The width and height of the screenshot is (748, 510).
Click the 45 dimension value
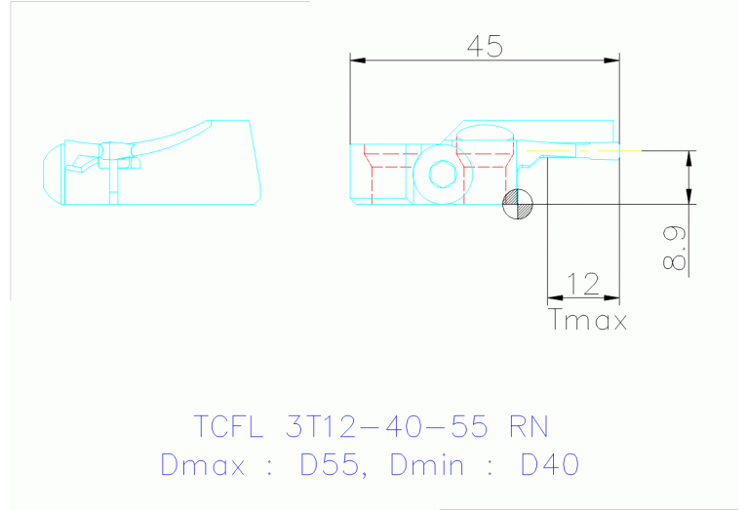pyautogui.click(x=485, y=45)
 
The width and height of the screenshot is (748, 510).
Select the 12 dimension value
pyautogui.click(x=582, y=284)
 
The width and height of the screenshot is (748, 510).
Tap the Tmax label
pyautogui.click(x=588, y=320)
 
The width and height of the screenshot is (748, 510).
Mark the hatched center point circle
pyautogui.click(x=518, y=203)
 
